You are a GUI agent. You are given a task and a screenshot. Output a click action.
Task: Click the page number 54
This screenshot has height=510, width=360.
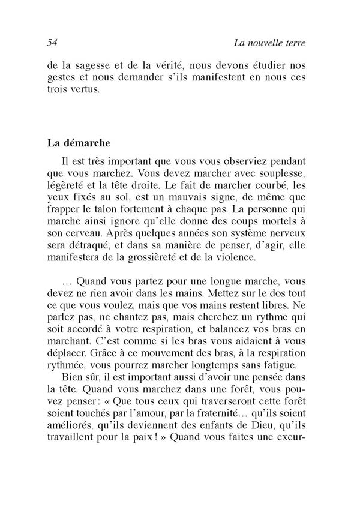(51, 43)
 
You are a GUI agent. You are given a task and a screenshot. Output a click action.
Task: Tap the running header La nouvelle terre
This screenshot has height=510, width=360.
(270, 43)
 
